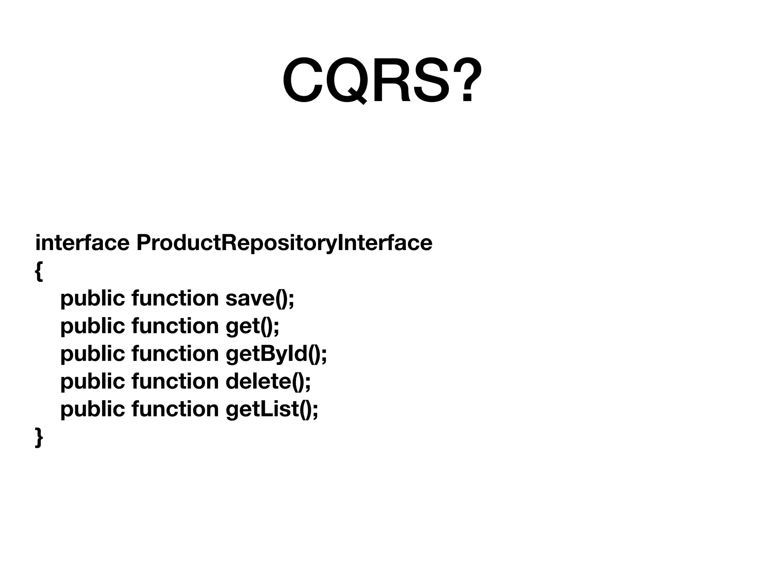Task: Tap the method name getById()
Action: [x=276, y=354]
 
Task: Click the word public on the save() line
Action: [x=92, y=298]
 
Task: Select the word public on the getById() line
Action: [x=92, y=354]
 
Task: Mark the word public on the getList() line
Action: [x=92, y=409]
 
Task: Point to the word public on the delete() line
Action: [x=92, y=381]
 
